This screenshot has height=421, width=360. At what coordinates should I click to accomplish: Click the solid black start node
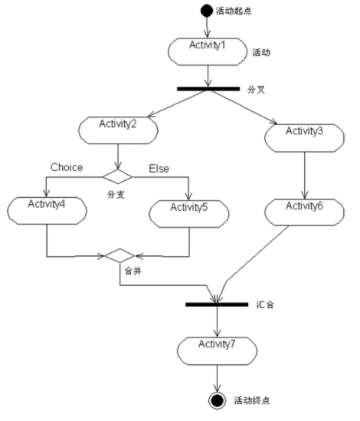pyautogui.click(x=206, y=11)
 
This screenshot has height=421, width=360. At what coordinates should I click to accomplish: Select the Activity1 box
pyautogui.click(x=208, y=52)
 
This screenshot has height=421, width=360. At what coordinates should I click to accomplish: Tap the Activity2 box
pyautogui.click(x=118, y=130)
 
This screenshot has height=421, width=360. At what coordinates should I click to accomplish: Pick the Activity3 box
pyautogui.click(x=304, y=138)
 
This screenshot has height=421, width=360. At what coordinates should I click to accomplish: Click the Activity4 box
pyautogui.click(x=47, y=211)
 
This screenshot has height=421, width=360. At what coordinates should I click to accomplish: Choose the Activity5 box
pyautogui.click(x=189, y=214)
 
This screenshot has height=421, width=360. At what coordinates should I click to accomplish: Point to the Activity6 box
pyautogui.click(x=304, y=212)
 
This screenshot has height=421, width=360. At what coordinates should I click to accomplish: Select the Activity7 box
pyautogui.click(x=217, y=351)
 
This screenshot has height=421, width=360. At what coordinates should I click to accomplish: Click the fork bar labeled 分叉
pyautogui.click(x=208, y=89)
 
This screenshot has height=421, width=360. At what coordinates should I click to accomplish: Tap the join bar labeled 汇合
pyautogui.click(x=217, y=304)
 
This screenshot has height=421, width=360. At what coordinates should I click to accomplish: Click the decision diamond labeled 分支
pyautogui.click(x=117, y=176)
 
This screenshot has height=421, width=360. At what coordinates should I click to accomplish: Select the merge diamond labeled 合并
pyautogui.click(x=119, y=255)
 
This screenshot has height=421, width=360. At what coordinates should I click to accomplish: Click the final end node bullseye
pyautogui.click(x=217, y=400)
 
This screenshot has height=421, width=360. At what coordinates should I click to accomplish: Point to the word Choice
pyautogui.click(x=67, y=167)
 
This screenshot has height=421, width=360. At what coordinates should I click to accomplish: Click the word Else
pyautogui.click(x=159, y=169)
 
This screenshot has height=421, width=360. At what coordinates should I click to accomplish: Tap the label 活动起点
pyautogui.click(x=234, y=11)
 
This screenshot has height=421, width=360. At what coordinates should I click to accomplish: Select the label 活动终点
pyautogui.click(x=252, y=400)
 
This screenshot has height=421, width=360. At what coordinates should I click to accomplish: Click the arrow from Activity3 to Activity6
pyautogui.click(x=304, y=176)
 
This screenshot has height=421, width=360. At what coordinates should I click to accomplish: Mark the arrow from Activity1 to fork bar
pyautogui.click(x=208, y=76)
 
